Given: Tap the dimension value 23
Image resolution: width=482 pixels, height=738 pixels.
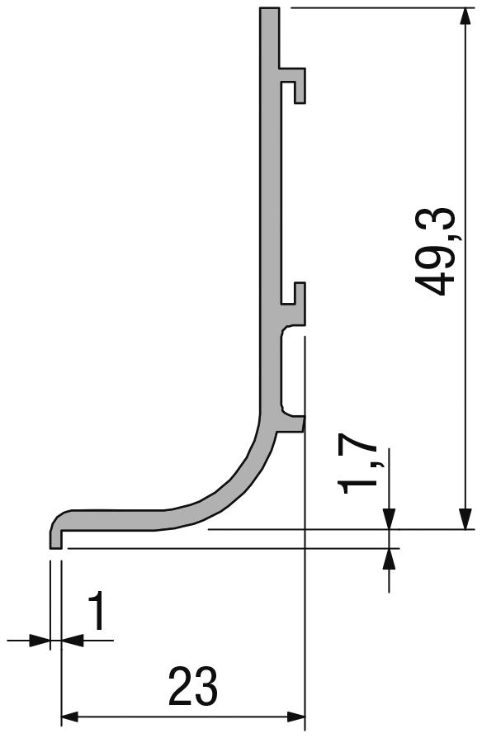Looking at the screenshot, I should click(x=192, y=686).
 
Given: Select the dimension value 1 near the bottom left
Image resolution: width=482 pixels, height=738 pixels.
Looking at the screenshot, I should click(x=97, y=613).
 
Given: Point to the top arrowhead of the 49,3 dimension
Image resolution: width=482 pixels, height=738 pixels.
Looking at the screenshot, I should click(x=466, y=18).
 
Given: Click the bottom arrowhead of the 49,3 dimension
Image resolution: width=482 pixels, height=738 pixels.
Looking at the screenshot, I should click(x=466, y=518).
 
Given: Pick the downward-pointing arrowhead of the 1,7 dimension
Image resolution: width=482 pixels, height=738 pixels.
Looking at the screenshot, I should click(x=389, y=518).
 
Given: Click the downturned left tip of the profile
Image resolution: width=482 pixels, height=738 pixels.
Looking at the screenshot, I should click(x=56, y=537).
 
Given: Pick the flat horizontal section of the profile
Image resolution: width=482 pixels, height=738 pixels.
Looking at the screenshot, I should click(x=116, y=518).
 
